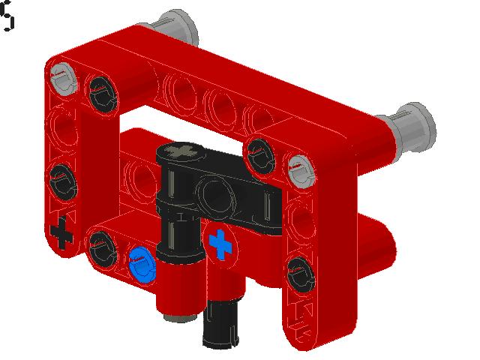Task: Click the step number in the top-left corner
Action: tap(7, 16)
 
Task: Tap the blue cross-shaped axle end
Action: tap(220, 244)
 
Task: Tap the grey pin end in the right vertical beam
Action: tap(299, 165)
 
